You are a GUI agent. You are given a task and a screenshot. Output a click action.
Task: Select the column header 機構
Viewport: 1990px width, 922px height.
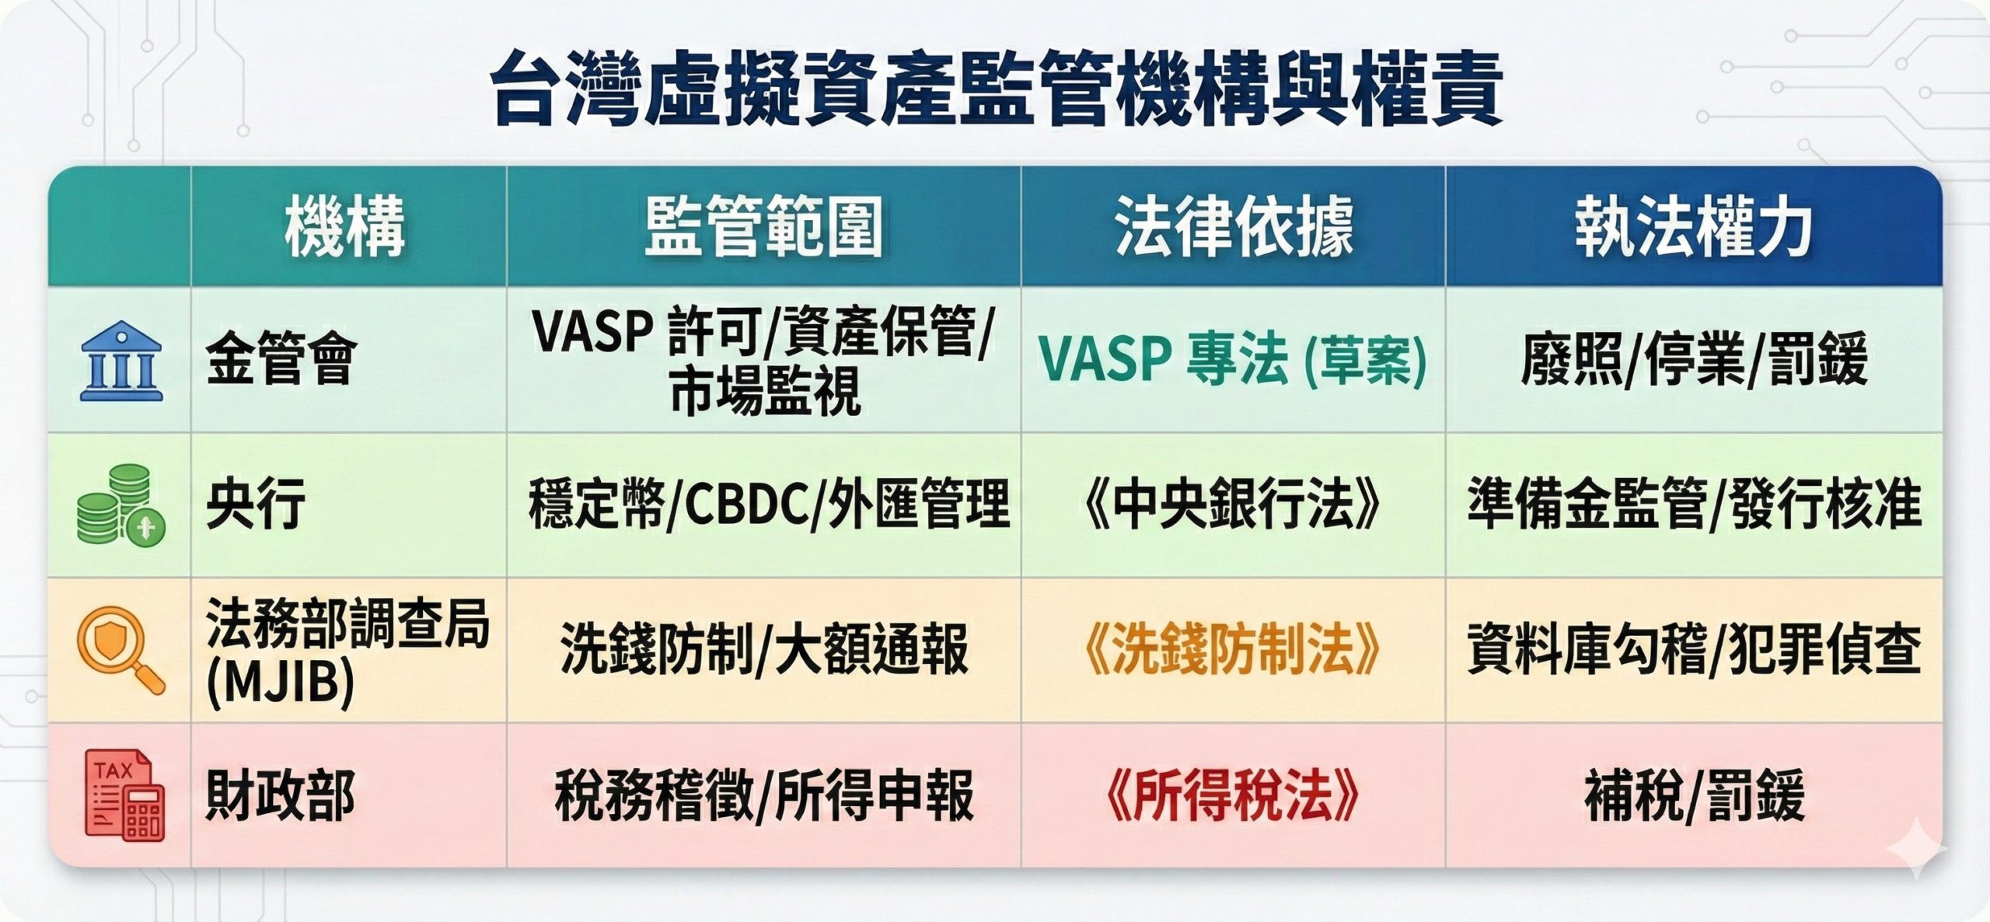(344, 227)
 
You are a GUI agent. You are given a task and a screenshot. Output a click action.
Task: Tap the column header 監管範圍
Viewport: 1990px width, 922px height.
(763, 227)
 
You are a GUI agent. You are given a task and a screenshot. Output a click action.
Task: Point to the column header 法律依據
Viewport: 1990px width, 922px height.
(1234, 227)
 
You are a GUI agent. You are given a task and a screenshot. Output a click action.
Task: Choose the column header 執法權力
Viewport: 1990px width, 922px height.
(1694, 227)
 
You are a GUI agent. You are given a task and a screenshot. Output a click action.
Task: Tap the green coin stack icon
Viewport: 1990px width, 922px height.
(121, 505)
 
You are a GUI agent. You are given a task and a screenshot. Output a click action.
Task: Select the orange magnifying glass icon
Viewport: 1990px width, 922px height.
(121, 650)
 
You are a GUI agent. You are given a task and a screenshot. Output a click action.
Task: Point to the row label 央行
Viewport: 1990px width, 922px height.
(256, 504)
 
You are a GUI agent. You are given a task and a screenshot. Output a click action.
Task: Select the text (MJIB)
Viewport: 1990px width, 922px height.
(281, 682)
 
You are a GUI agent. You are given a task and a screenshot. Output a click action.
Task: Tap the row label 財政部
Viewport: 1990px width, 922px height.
(281, 795)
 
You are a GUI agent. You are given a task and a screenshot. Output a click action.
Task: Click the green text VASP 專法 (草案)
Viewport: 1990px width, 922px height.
(1233, 360)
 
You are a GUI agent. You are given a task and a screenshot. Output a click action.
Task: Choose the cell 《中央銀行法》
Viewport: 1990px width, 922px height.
(1232, 505)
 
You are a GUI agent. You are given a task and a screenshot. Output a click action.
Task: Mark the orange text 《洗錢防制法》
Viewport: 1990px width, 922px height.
(1232, 649)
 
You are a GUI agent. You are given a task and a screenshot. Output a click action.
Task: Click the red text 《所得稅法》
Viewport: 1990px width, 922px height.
(1232, 795)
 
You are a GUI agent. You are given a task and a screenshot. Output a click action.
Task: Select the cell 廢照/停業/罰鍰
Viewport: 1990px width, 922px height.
(1694, 360)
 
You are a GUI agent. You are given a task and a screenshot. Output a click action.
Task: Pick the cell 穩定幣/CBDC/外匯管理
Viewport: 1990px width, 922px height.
(768, 505)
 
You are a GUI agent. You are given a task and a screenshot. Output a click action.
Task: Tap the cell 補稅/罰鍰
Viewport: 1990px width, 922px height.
(1695, 795)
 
